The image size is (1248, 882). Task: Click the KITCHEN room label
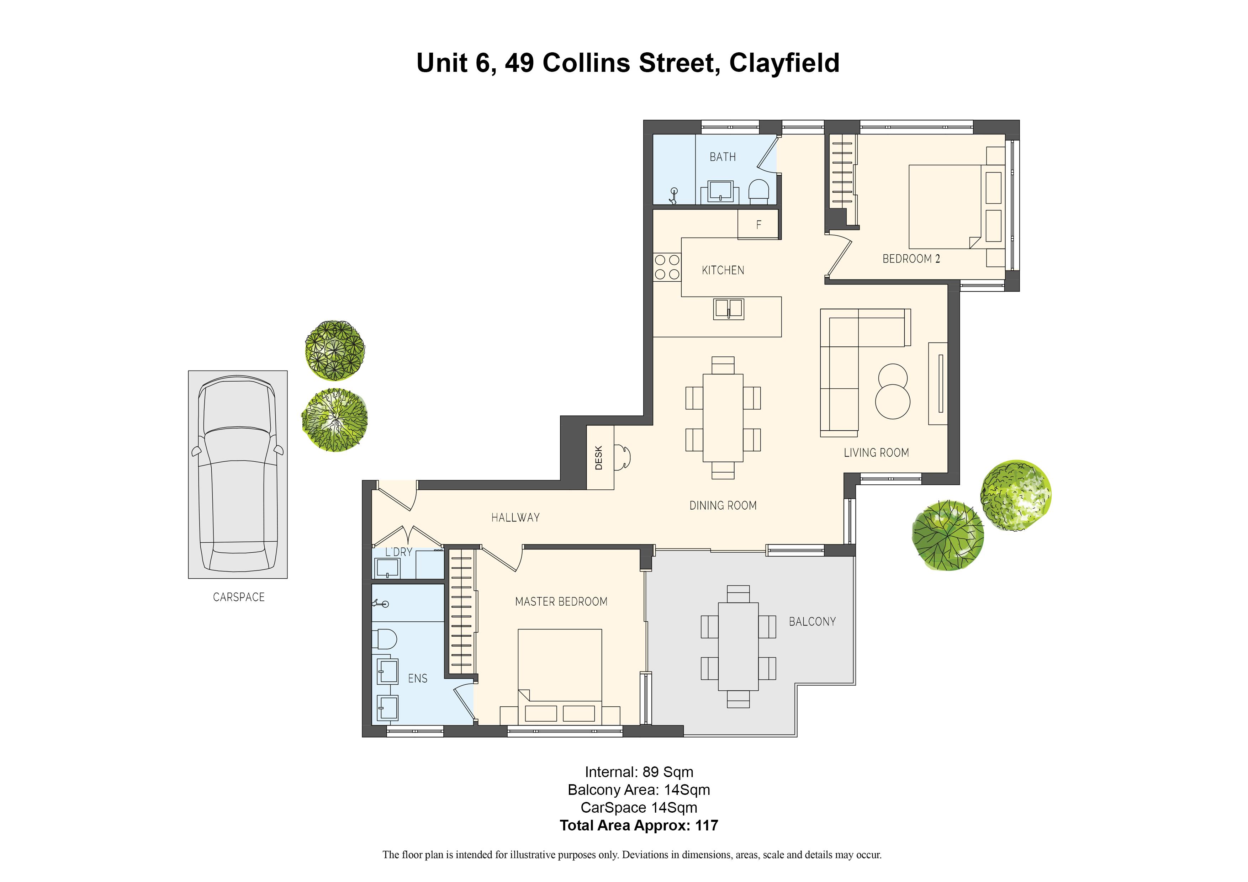723,270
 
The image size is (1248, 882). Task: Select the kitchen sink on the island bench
728,309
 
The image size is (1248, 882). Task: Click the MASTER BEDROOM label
561,602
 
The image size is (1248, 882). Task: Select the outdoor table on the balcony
738,646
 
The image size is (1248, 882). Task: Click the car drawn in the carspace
238,474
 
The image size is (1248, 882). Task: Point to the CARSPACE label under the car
239,597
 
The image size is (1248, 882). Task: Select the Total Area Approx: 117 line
639,825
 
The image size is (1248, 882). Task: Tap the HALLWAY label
515,517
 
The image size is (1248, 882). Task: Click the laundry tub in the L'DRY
386,568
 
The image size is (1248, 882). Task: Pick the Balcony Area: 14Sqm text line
639,790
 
